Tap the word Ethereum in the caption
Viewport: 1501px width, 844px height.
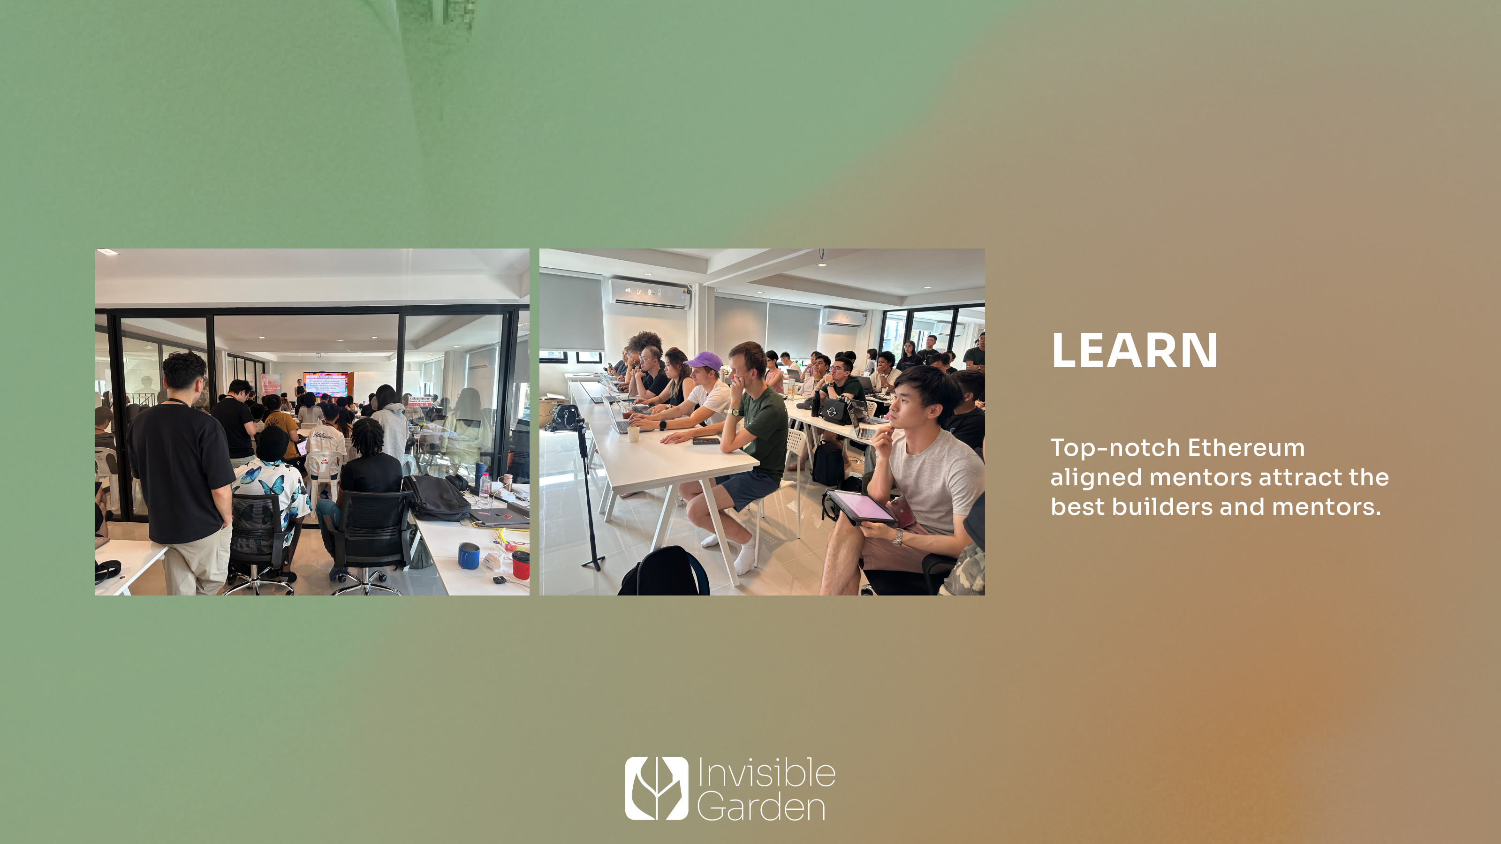1246,448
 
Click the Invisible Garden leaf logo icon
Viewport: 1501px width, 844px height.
656,788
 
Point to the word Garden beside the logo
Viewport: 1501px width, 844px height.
761,807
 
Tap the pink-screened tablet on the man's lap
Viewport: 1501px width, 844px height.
861,505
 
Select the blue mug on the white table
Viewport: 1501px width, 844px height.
468,556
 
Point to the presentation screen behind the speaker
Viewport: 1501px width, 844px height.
325,384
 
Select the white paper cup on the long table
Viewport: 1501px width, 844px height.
633,434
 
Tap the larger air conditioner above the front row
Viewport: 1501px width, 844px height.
649,293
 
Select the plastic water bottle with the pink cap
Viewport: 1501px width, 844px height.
484,483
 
